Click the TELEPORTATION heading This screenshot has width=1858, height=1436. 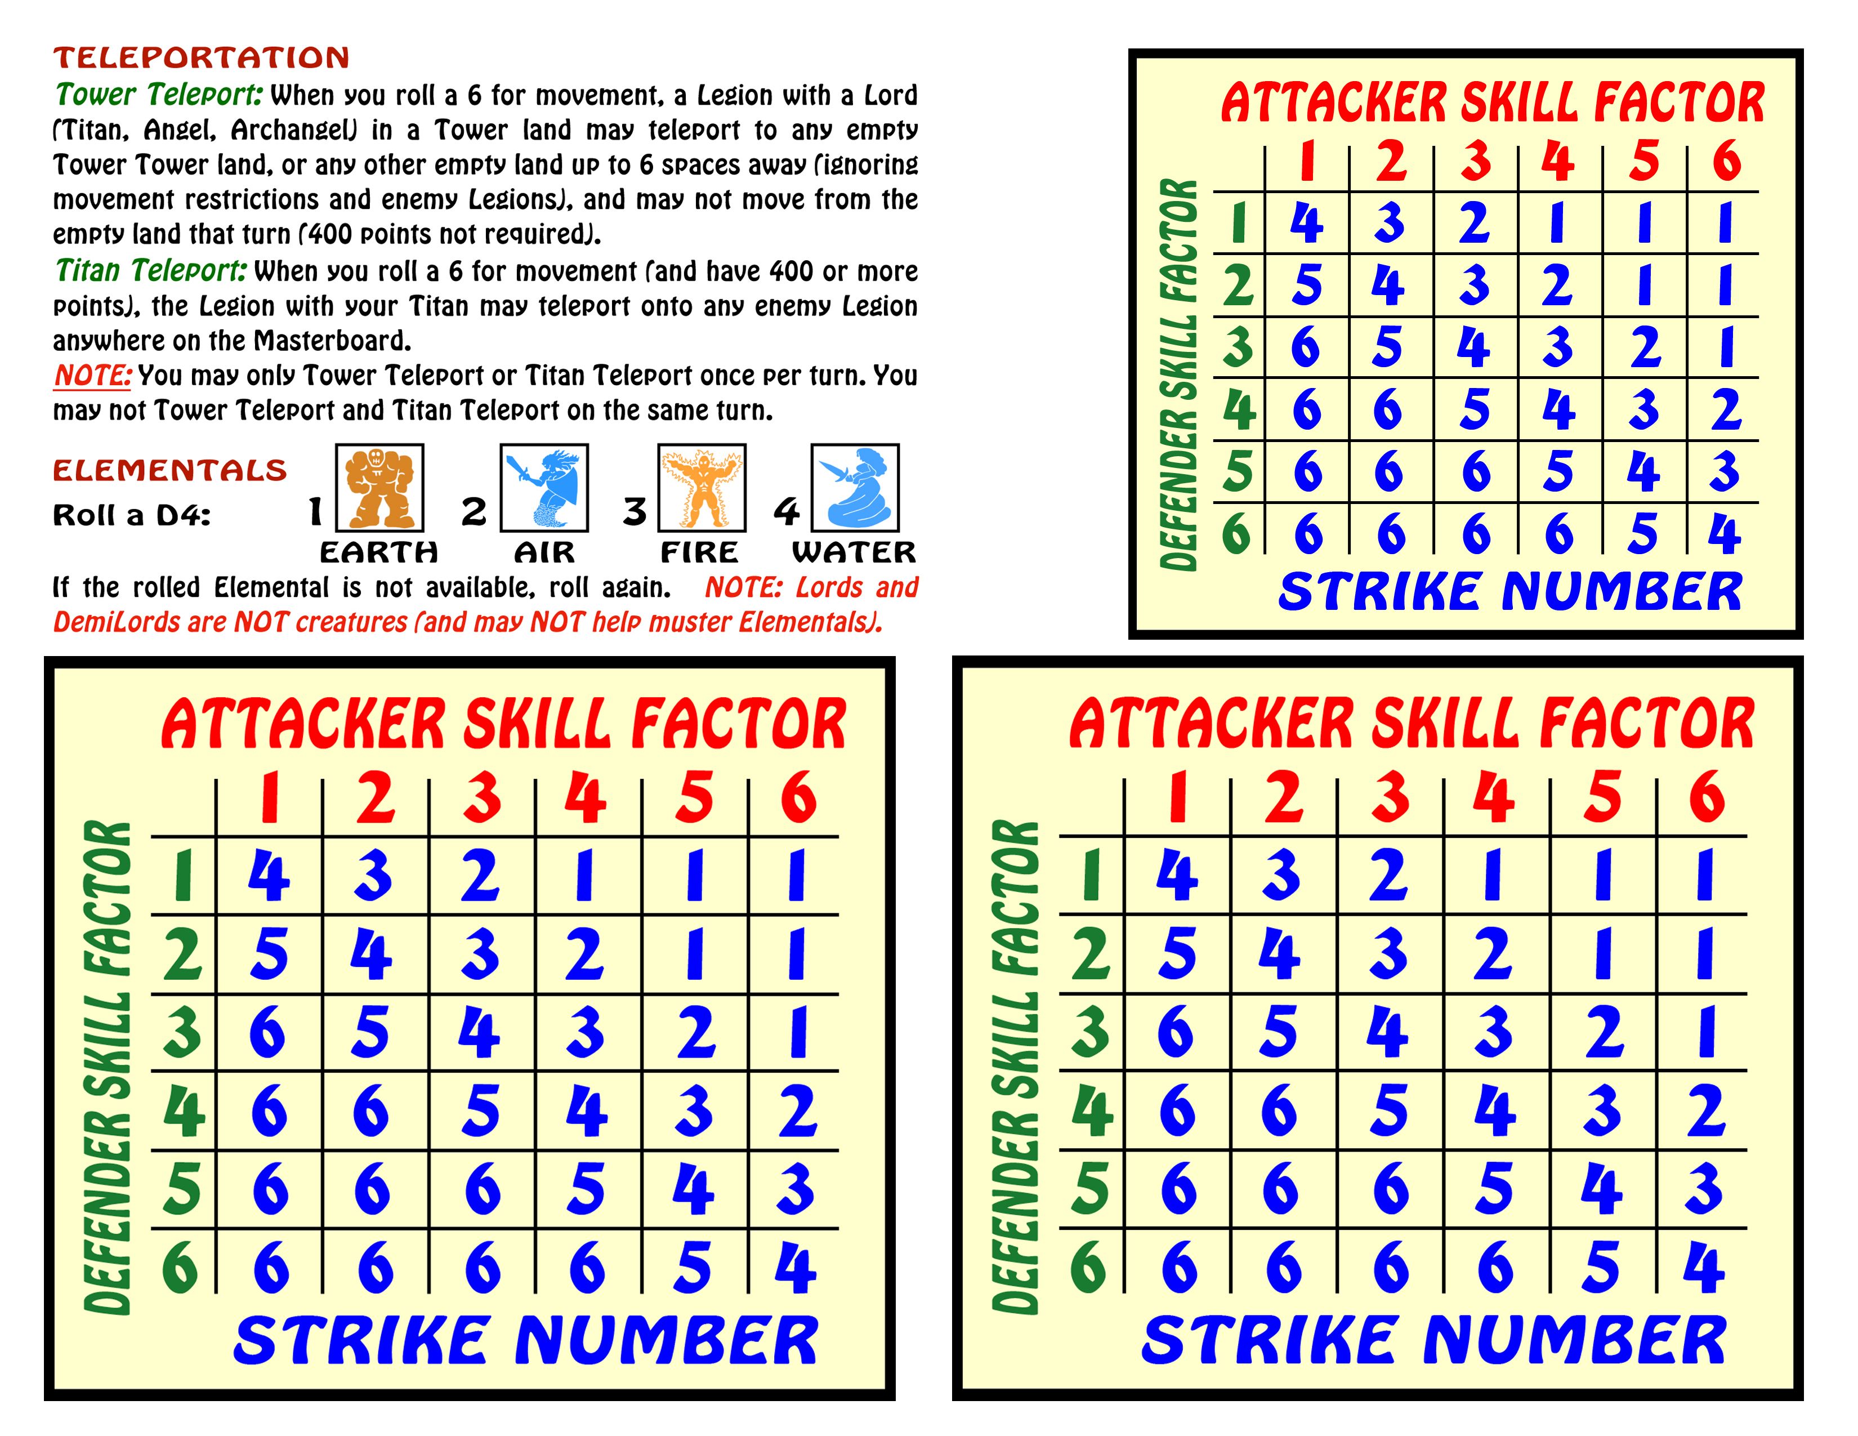click(x=202, y=58)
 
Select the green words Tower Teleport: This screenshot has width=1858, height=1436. click(x=159, y=95)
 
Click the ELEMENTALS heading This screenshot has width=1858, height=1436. click(x=170, y=470)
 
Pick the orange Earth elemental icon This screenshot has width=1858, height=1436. click(x=379, y=488)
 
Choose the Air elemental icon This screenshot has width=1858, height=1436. click(x=544, y=488)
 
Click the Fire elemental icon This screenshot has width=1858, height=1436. click(x=702, y=488)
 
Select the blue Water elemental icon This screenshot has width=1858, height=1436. click(x=855, y=488)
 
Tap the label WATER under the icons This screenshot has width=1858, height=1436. click(x=854, y=553)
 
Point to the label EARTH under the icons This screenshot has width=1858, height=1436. click(x=378, y=553)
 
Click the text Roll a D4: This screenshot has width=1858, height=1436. click(x=132, y=515)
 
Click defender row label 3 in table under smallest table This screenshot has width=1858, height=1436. click(x=1091, y=1031)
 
